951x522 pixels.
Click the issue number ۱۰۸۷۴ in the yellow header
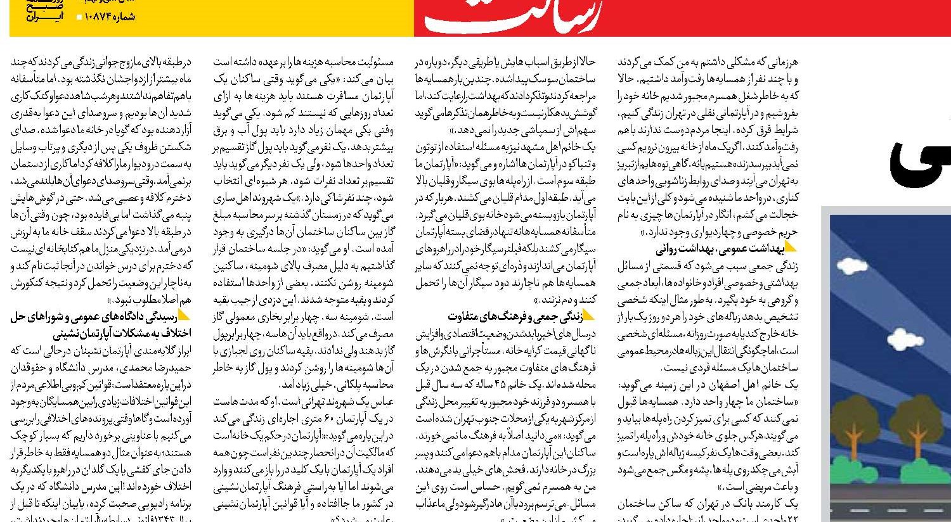(x=112, y=17)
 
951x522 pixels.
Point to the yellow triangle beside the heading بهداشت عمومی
(x=791, y=246)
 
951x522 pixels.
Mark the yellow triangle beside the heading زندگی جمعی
(x=588, y=314)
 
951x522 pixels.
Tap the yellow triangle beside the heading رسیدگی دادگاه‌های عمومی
(x=184, y=315)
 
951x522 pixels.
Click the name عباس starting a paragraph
(x=383, y=402)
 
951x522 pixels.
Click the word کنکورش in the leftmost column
(x=31, y=283)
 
